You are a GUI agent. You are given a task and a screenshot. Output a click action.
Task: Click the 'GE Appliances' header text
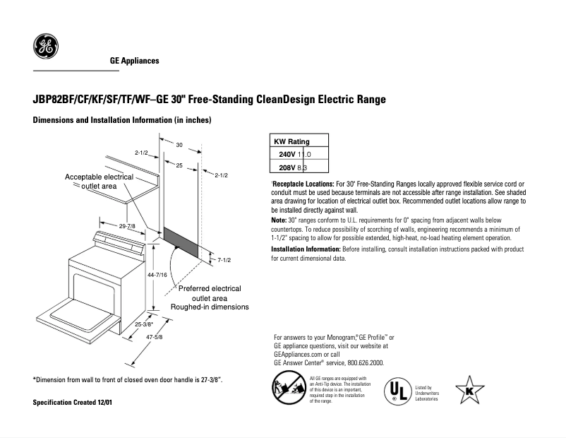point(134,61)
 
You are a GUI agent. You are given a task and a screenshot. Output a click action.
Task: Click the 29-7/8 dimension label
point(128,225)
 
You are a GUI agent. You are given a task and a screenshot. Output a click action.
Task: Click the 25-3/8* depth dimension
point(144,324)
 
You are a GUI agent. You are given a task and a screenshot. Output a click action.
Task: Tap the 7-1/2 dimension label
point(225,260)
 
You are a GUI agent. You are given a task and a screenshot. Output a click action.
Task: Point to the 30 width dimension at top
point(180,145)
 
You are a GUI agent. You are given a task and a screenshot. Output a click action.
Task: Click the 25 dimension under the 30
point(179,165)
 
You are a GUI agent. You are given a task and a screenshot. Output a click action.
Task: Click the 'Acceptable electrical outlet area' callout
point(100,181)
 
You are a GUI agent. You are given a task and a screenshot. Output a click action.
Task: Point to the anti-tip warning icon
point(287,389)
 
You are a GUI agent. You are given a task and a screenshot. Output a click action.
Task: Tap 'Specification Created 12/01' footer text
point(73,402)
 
